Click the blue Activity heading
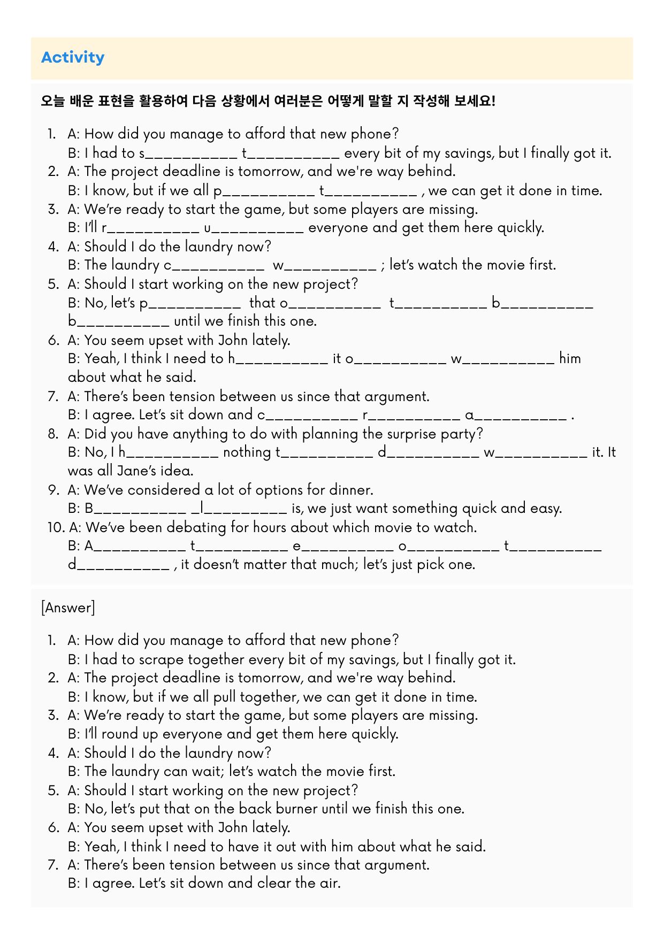pos(73,57)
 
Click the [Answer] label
pos(68,608)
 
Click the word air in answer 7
pos(329,882)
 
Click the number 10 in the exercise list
pos(56,527)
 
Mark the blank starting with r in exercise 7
pos(410,415)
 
